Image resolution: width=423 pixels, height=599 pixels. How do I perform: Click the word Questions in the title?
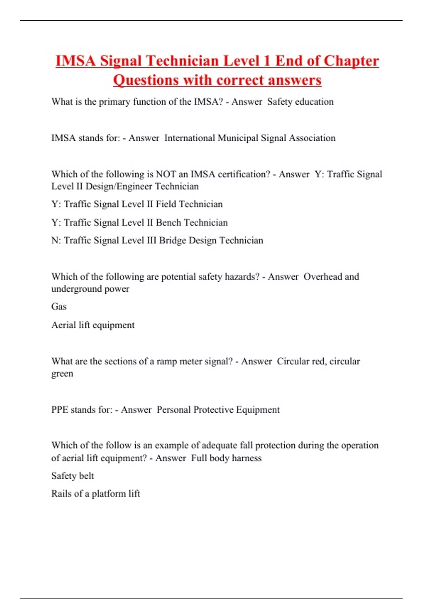pyautogui.click(x=146, y=80)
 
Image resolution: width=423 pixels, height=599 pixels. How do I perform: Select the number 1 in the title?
pyautogui.click(x=267, y=61)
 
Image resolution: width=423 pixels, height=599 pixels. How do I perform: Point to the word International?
pyautogui.click(x=190, y=138)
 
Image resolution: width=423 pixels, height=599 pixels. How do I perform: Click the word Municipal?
pyautogui.click(x=238, y=138)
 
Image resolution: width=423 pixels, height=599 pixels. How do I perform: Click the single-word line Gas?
pyautogui.click(x=59, y=307)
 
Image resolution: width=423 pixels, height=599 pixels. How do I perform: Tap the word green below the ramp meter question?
pyautogui.click(x=62, y=373)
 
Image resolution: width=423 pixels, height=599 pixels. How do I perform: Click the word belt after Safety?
pyautogui.click(x=87, y=476)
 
